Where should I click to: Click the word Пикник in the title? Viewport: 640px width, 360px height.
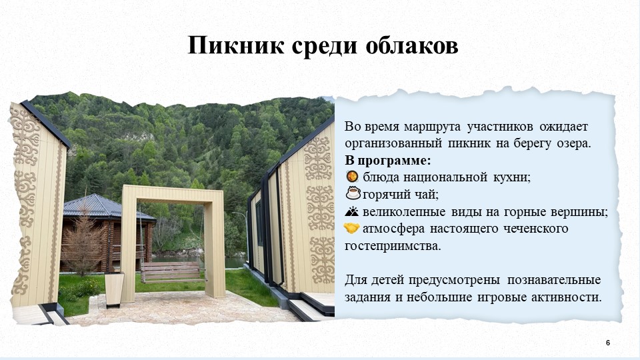[x=236, y=45]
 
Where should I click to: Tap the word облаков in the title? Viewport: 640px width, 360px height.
[x=412, y=46]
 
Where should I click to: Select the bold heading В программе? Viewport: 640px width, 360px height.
[x=388, y=161]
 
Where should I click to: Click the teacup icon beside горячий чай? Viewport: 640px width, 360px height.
[x=353, y=193]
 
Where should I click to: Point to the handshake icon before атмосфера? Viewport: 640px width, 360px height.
[x=351, y=228]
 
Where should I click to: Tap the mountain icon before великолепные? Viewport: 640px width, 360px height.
[x=351, y=211]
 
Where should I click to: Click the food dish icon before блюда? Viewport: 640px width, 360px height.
[x=352, y=176]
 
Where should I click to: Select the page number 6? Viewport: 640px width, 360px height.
[x=608, y=343]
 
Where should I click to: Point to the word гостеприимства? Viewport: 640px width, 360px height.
[x=393, y=247]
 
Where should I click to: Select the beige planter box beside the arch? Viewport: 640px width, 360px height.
[x=114, y=289]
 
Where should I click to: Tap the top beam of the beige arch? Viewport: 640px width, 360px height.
[x=173, y=193]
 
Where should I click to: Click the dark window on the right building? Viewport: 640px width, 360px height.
[x=259, y=223]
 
